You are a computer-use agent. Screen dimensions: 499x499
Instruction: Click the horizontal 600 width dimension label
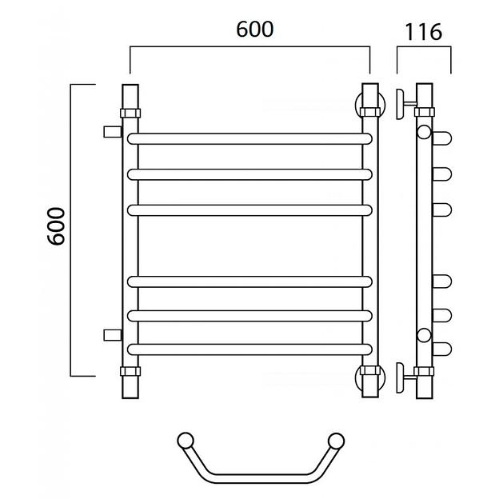click(x=254, y=30)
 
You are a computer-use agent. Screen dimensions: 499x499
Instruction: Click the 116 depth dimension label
click(x=423, y=32)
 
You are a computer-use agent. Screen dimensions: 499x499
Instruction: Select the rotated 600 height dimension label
click(x=56, y=226)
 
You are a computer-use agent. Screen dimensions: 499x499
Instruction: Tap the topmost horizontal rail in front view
click(x=249, y=139)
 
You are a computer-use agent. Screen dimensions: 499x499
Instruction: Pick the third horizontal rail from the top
click(x=249, y=210)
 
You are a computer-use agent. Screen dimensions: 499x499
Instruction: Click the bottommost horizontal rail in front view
click(x=249, y=349)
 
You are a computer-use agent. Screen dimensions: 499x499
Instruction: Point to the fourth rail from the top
click(x=249, y=281)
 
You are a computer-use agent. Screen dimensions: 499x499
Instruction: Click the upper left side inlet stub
click(x=113, y=132)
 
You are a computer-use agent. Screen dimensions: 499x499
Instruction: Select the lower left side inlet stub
click(x=113, y=335)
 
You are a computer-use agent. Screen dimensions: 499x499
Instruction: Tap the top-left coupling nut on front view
click(x=130, y=113)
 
